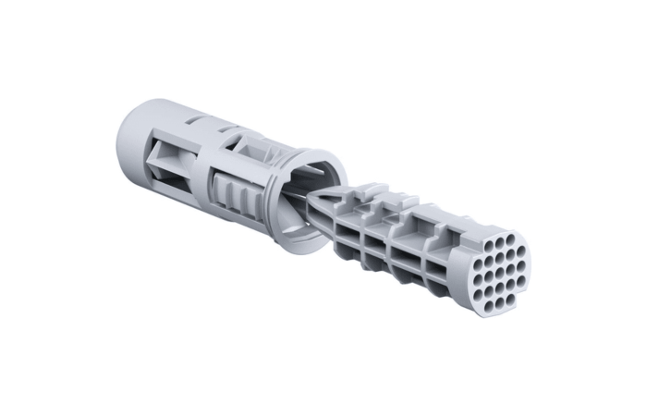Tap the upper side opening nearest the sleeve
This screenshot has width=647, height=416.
350,218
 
